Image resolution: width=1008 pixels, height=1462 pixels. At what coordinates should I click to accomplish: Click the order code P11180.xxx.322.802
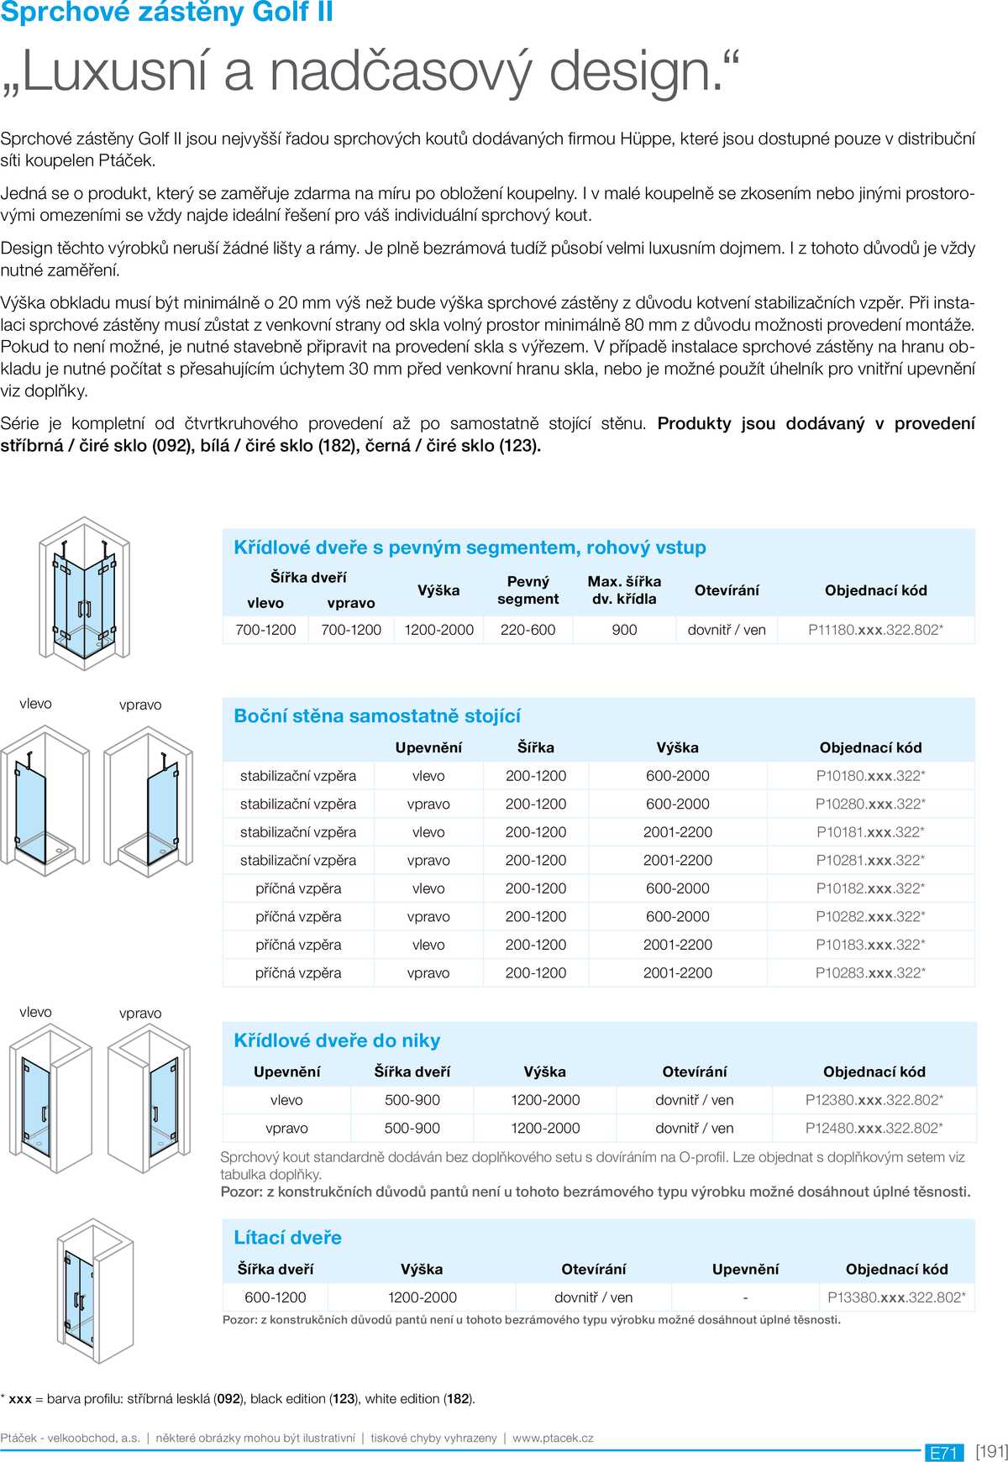(875, 630)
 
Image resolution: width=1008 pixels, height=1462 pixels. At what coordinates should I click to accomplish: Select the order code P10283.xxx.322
(870, 972)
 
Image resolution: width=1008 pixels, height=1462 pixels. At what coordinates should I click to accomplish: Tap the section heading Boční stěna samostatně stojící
(377, 716)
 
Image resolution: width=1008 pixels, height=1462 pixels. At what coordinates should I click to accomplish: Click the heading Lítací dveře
(287, 1238)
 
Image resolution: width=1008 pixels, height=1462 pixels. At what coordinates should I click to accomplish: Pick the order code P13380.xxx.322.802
(896, 1297)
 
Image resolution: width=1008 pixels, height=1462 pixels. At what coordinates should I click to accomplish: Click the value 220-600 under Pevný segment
(528, 630)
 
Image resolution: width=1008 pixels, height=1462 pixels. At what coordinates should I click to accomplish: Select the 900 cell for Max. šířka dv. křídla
(624, 630)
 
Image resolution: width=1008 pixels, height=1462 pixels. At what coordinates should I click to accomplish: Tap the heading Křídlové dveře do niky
(337, 1040)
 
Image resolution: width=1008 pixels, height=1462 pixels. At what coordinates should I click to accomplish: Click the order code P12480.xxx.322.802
(874, 1128)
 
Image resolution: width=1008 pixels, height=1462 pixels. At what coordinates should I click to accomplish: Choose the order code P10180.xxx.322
(870, 776)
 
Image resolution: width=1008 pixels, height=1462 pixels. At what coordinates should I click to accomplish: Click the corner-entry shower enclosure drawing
(84, 592)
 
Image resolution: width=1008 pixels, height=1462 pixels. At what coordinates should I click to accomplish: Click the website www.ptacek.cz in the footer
(553, 1438)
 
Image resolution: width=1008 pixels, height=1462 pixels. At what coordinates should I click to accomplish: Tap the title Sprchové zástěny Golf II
(166, 13)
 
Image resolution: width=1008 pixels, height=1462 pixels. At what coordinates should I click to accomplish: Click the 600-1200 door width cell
(275, 1297)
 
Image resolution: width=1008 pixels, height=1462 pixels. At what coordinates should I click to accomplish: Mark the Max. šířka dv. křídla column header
(624, 590)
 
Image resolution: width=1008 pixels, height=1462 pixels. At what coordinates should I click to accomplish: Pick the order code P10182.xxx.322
(870, 888)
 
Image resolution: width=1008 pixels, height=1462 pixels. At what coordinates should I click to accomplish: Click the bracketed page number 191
(991, 1451)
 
